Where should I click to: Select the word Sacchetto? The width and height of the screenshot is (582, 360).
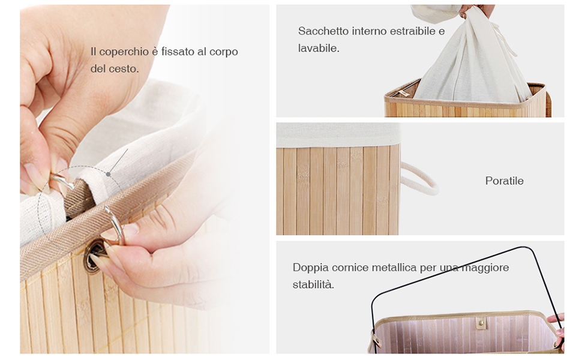(323, 31)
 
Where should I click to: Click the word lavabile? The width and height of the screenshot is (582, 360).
(319, 48)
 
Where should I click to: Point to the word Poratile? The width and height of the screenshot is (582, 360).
(505, 181)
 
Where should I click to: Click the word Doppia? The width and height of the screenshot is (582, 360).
(311, 268)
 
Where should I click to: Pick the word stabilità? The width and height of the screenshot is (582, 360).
(313, 284)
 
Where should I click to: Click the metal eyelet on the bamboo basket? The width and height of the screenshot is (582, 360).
(94, 256)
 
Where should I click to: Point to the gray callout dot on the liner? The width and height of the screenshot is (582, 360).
(108, 174)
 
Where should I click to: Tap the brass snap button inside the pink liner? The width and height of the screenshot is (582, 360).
(481, 323)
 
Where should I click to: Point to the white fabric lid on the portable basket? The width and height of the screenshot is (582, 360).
(338, 135)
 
